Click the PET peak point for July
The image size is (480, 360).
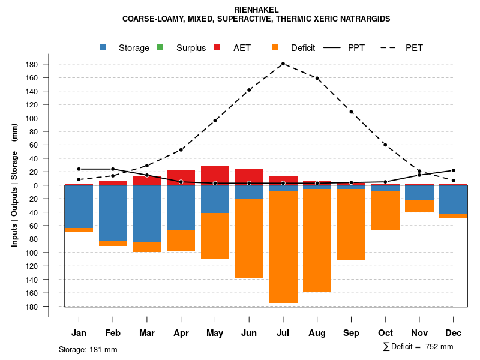pyautogui.click(x=283, y=64)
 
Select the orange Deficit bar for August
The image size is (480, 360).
pyautogui.click(x=317, y=240)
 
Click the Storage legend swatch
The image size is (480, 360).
pyautogui.click(x=103, y=48)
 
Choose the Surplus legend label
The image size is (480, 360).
pyautogui.click(x=191, y=48)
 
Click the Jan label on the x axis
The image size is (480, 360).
pyautogui.click(x=79, y=333)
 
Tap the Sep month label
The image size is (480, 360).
pyautogui.click(x=352, y=333)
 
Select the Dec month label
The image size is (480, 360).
pyautogui.click(x=454, y=333)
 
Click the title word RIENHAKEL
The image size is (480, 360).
pyautogui.click(x=240, y=10)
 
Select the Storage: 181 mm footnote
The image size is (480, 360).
pyautogui.click(x=88, y=349)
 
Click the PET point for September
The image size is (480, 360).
pyautogui.click(x=352, y=112)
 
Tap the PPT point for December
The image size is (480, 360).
pyautogui.click(x=454, y=170)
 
